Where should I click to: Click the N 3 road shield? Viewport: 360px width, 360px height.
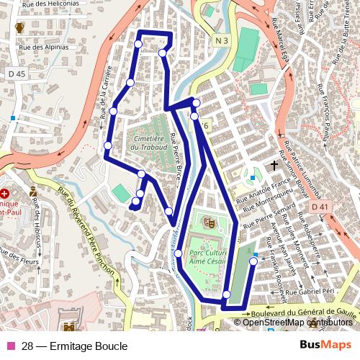tap(221, 40)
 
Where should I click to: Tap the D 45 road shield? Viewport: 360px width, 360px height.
tap(17, 74)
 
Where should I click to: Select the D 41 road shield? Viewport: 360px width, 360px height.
tap(320, 207)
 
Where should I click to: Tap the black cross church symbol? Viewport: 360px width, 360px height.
tap(274, 166)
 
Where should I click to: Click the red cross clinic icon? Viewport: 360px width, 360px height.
tap(5, 194)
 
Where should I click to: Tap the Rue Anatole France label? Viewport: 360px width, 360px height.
tap(264, 189)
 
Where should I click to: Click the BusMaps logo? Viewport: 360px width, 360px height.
tap(325, 346)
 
